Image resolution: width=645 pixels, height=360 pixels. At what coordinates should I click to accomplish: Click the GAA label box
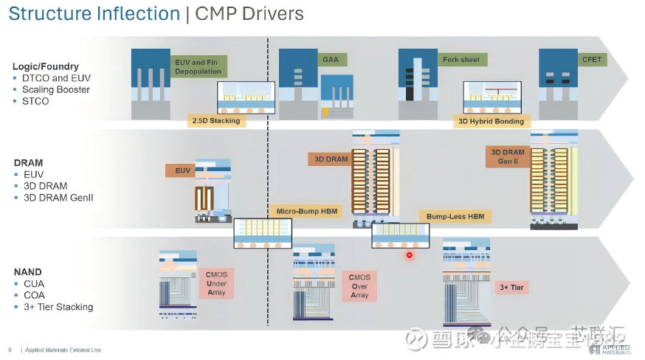(x=331, y=59)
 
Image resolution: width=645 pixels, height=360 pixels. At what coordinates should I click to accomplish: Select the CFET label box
(x=592, y=59)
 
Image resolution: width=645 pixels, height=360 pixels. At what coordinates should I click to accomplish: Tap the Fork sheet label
(x=461, y=59)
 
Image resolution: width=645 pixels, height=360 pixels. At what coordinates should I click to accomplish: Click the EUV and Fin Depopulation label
(x=198, y=66)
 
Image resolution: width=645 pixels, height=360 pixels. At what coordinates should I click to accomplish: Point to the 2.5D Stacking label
(x=215, y=120)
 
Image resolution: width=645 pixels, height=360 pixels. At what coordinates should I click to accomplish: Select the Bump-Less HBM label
(x=455, y=216)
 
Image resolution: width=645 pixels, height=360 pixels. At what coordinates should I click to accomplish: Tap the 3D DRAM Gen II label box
(x=508, y=156)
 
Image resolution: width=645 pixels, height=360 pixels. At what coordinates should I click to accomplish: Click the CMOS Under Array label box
(x=216, y=283)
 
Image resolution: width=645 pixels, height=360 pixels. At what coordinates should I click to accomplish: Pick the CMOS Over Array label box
(x=359, y=285)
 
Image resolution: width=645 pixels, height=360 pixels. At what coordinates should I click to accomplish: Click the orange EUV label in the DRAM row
(x=183, y=170)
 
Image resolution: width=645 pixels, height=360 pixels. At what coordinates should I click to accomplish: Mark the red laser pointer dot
(x=409, y=255)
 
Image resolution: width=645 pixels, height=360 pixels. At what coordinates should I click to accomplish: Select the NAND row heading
(x=28, y=272)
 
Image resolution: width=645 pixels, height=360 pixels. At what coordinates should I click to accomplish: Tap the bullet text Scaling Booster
(x=56, y=89)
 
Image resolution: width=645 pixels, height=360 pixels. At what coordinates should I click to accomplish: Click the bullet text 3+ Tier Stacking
(x=58, y=307)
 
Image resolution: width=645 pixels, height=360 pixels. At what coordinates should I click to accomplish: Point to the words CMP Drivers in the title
(x=249, y=14)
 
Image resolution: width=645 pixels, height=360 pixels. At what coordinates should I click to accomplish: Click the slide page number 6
(x=10, y=350)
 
